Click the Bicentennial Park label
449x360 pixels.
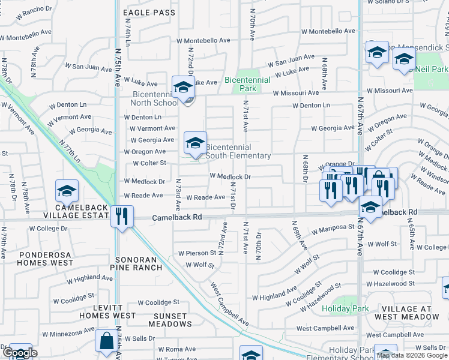(240, 84)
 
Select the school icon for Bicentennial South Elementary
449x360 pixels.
(195, 143)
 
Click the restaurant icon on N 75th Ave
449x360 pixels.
(122, 216)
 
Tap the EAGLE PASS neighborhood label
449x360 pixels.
(149, 13)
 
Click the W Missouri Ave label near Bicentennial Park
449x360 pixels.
(295, 93)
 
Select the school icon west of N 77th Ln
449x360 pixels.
(67, 191)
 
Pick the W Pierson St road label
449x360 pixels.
(196, 253)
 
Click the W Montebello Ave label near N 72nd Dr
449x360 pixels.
(203, 41)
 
